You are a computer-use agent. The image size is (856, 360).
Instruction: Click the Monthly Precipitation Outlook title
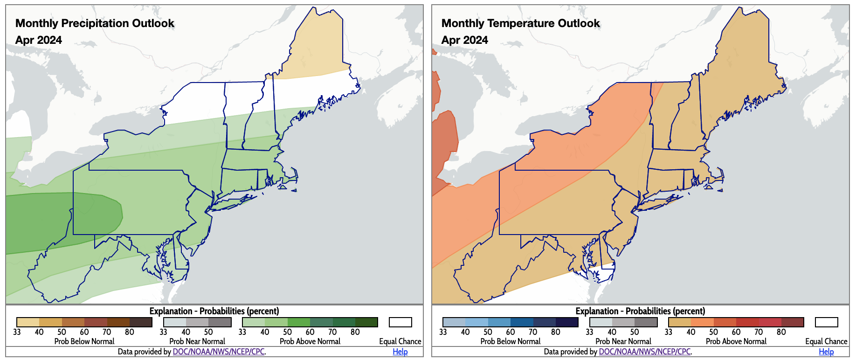[95, 23]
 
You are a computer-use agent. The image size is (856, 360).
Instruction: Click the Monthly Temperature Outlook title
[520, 23]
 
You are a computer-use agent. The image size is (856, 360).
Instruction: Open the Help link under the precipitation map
[400, 352]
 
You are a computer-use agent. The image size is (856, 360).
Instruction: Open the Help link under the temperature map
[826, 352]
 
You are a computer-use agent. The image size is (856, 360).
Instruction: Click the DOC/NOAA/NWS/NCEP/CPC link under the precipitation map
[219, 352]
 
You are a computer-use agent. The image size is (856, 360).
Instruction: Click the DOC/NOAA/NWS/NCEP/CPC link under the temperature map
[645, 352]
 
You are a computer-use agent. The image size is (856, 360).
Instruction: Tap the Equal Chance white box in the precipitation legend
[400, 322]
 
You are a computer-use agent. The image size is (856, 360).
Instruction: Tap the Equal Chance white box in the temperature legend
[827, 322]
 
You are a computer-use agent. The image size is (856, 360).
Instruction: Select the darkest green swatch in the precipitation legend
[366, 322]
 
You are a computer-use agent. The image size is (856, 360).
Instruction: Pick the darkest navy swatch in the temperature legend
[567, 322]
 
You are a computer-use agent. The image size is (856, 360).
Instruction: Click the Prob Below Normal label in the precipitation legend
[84, 341]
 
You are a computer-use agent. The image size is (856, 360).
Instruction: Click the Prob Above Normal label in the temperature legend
[736, 341]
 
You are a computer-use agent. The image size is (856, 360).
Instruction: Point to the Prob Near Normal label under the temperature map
[623, 341]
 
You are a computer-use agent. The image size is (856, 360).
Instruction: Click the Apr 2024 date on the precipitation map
[39, 40]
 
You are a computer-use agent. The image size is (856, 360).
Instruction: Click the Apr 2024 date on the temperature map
[465, 40]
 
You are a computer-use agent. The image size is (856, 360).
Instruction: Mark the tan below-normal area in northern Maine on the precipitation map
[317, 51]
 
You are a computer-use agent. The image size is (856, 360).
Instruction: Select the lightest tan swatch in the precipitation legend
[28, 322]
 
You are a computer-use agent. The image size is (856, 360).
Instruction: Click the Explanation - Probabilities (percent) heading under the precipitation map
[214, 311]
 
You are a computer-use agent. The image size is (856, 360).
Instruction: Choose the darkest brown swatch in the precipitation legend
[141, 322]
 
